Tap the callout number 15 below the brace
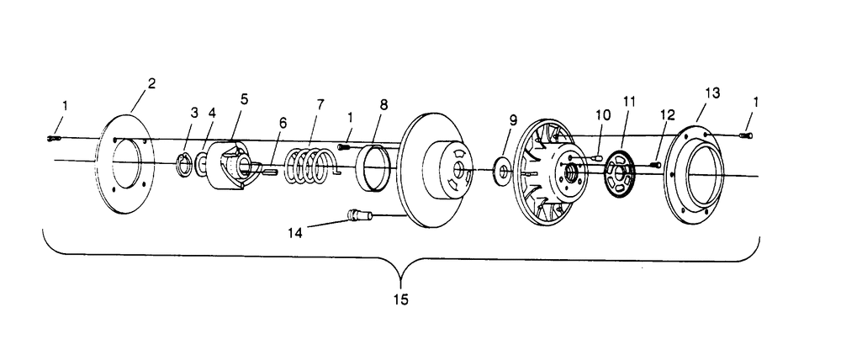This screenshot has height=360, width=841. tap(401, 299)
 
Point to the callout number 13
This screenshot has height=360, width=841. tap(711, 93)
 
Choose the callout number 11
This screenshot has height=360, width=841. tap(628, 101)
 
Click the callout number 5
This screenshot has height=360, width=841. tap(244, 98)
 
